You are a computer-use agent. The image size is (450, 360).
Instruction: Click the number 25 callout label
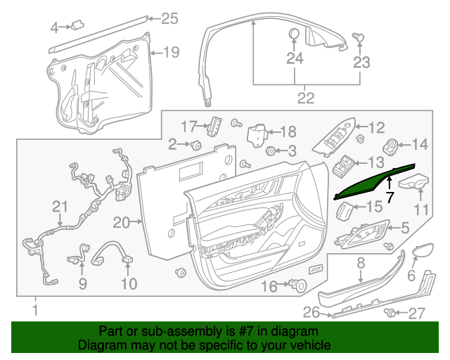[x=170, y=19]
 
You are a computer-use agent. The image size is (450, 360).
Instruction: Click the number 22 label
[x=305, y=98]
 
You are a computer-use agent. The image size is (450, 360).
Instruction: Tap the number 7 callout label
[x=390, y=198]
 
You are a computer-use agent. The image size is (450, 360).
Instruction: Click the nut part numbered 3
[x=270, y=150]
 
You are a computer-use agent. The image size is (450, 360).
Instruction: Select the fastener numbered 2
[x=196, y=146]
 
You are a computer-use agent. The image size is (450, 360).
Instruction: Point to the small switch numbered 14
[x=390, y=146]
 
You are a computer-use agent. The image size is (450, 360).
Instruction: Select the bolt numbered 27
[x=390, y=313]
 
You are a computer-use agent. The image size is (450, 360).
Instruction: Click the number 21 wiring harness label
[x=59, y=206]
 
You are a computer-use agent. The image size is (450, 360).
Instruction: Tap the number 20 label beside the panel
[x=122, y=222]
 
